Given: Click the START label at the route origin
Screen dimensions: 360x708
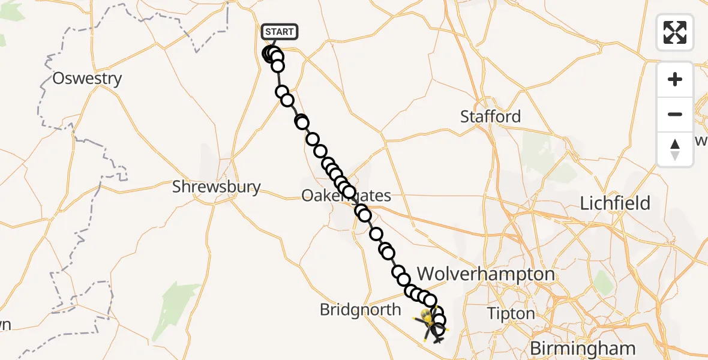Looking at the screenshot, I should point(280,32).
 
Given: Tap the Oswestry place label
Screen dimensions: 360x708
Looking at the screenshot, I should point(87,79).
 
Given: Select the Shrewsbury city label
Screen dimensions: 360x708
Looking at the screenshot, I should point(216,187).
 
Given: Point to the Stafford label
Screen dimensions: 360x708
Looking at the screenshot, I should point(491,116).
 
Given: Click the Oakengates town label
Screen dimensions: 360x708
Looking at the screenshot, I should point(346,196).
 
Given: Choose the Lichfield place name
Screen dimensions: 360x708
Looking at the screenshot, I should point(615,203).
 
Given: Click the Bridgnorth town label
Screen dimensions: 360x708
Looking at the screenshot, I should point(360,310).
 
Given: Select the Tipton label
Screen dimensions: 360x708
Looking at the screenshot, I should point(511,314).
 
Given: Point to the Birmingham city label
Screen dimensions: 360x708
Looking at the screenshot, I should point(582,348).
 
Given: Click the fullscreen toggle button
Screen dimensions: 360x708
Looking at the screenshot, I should point(675,32).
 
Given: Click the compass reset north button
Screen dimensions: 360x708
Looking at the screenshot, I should point(675,149).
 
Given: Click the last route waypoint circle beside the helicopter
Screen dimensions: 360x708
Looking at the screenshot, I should point(440,329).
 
